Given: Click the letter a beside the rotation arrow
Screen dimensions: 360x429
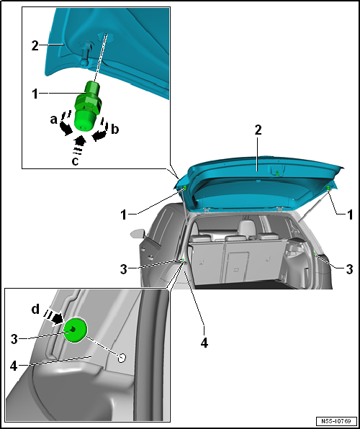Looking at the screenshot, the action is tap(54, 119).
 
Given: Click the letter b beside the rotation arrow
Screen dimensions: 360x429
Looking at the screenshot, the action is tap(115, 129).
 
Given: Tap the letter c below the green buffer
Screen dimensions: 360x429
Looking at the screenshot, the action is tap(75, 161).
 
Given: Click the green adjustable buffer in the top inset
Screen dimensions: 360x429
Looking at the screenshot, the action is tap(88, 106).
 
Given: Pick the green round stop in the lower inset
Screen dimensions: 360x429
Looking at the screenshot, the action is tap(76, 330).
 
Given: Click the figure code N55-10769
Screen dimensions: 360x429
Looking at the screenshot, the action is tap(337, 421).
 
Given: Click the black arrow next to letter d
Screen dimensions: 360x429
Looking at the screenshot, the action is tap(58, 319).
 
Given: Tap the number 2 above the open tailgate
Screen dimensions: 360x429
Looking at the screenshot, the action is tap(258, 130).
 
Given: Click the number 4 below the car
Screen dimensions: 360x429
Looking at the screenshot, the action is tap(204, 343).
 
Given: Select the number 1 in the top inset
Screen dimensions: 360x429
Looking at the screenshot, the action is tap(35, 94).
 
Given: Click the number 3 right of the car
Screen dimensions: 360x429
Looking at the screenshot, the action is tap(349, 269).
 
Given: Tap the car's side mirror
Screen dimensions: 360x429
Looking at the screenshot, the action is tap(138, 233).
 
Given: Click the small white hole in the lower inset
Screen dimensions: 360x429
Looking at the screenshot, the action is tap(122, 358).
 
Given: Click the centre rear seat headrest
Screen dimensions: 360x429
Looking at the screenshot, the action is tap(246, 227).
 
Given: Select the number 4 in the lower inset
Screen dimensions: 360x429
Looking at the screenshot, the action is tap(14, 366).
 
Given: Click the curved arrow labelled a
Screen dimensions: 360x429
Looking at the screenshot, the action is tap(64, 125).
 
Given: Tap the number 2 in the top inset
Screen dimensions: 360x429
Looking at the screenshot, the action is tap(35, 46).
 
